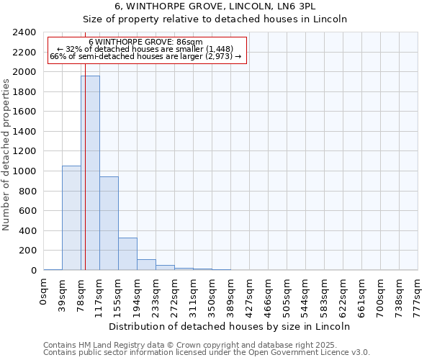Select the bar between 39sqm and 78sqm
pos(71,217)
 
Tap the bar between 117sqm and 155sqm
pos(109,223)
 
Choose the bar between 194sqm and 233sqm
pos(146,264)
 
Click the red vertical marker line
pos(85,180)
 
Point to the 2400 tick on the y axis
pos(25,32)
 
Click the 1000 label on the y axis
pos(25,171)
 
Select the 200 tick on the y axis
pos(28,251)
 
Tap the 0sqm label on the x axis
pos(44,292)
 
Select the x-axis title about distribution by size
pos(230,326)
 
